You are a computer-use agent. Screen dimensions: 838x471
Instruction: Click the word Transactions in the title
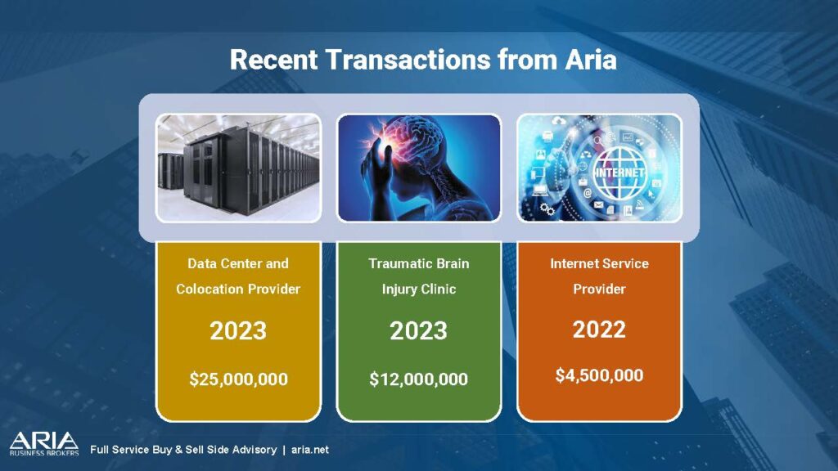point(408,59)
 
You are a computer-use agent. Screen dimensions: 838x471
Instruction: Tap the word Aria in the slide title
point(591,59)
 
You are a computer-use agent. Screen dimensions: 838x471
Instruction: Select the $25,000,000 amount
point(238,379)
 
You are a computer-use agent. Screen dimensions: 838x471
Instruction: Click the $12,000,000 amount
point(418,379)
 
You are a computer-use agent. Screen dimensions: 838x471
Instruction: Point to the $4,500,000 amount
point(599,375)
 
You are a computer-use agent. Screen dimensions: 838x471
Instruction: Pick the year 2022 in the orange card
point(599,330)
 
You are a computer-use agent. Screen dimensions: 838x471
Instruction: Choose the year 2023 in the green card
point(418,330)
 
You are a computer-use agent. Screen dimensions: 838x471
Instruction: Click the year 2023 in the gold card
point(238,330)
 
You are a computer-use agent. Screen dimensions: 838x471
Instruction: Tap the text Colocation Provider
point(238,289)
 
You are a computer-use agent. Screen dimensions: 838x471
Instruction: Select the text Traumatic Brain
point(418,263)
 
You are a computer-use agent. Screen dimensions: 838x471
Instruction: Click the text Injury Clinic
point(418,289)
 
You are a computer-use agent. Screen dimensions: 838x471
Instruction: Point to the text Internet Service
point(599,263)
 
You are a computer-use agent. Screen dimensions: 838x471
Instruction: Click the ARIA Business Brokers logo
point(44,444)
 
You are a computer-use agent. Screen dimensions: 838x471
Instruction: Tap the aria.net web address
point(310,450)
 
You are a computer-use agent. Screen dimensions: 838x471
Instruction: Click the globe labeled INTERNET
point(619,173)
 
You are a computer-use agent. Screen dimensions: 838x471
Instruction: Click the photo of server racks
point(238,168)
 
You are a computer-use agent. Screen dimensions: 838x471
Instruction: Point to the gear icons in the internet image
point(547,209)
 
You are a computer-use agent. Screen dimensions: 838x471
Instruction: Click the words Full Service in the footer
point(119,450)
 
